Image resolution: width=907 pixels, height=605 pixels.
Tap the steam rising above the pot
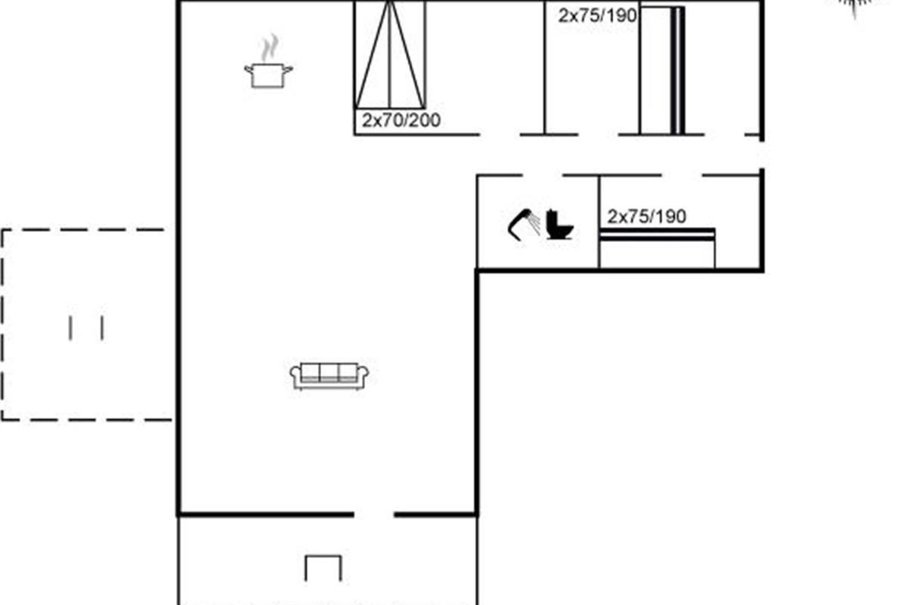[x=270, y=48]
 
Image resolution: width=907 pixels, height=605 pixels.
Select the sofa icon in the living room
[x=330, y=376]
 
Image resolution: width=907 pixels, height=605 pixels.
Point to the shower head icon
[x=524, y=225]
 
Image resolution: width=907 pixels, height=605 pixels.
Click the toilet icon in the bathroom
[x=559, y=225]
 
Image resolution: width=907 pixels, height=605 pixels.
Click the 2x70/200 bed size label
[x=401, y=120]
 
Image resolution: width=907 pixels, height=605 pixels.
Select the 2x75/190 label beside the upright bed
[x=597, y=16]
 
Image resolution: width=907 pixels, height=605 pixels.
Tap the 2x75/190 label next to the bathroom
[x=647, y=216]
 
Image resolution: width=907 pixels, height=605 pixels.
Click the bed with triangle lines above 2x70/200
[x=390, y=54]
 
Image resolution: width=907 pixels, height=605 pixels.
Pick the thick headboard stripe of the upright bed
[x=677, y=70]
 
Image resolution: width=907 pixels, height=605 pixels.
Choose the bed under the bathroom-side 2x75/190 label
[x=657, y=248]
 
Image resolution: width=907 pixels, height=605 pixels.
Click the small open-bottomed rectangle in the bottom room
[x=323, y=568]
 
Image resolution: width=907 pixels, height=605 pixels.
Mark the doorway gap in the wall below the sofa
[x=374, y=515]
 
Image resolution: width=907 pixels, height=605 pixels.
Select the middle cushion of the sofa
[x=330, y=372]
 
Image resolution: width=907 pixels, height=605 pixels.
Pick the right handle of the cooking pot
[x=287, y=70]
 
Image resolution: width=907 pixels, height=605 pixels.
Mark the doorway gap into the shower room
[x=542, y=175]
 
